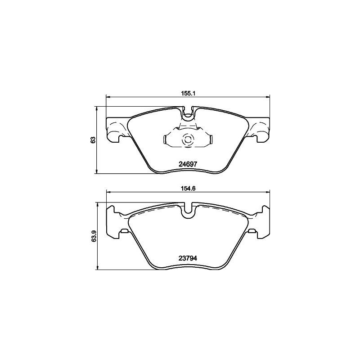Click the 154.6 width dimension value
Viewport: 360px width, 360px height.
(187, 189)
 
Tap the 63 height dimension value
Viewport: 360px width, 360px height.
(93, 139)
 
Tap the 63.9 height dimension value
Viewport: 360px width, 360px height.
(93, 236)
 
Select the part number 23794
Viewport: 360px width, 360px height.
(187, 258)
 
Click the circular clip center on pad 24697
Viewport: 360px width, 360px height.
(187, 140)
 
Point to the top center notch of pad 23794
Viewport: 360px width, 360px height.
(188, 211)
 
